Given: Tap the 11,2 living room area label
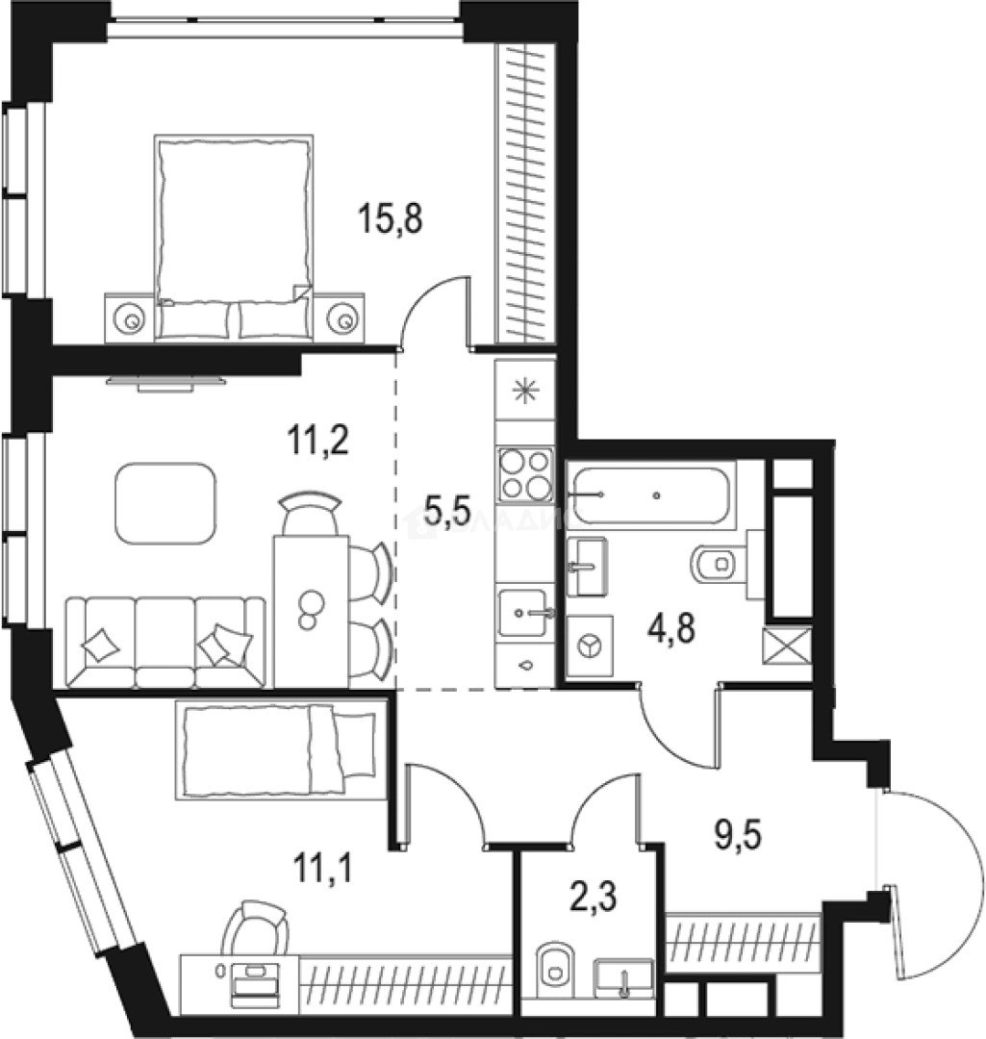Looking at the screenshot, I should pos(316,442).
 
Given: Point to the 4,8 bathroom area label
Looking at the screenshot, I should pos(670,632).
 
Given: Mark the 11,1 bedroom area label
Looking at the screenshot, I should pos(323,871).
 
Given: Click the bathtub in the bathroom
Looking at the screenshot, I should pos(651,495).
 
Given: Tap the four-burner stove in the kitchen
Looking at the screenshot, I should pos(525,475).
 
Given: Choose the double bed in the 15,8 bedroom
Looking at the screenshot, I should pos(234,236).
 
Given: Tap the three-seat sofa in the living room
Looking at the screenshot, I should pos(165,642).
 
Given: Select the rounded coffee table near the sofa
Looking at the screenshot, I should pos(165,503).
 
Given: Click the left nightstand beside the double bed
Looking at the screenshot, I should pos(128,316).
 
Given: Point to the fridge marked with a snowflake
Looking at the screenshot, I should pos(525,390).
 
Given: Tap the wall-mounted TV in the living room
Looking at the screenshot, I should pos(164,382).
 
